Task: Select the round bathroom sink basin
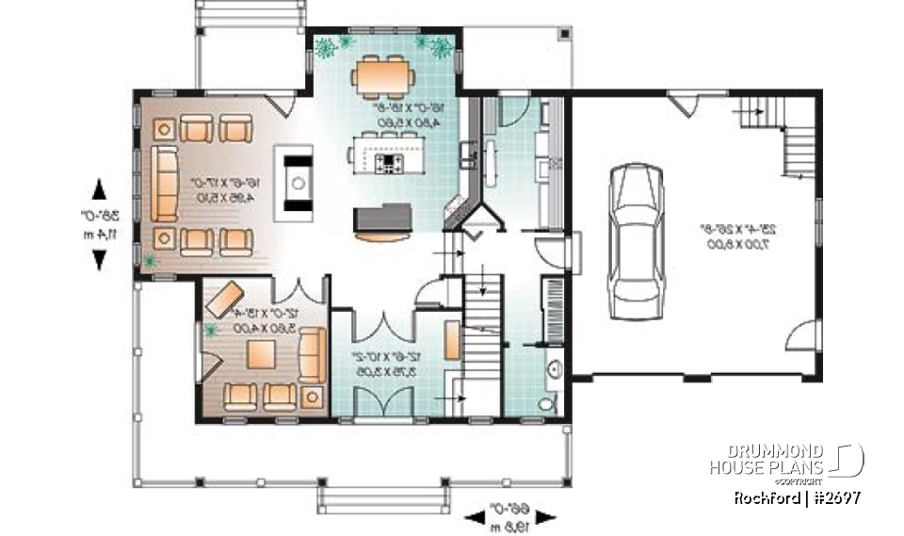(555, 369)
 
